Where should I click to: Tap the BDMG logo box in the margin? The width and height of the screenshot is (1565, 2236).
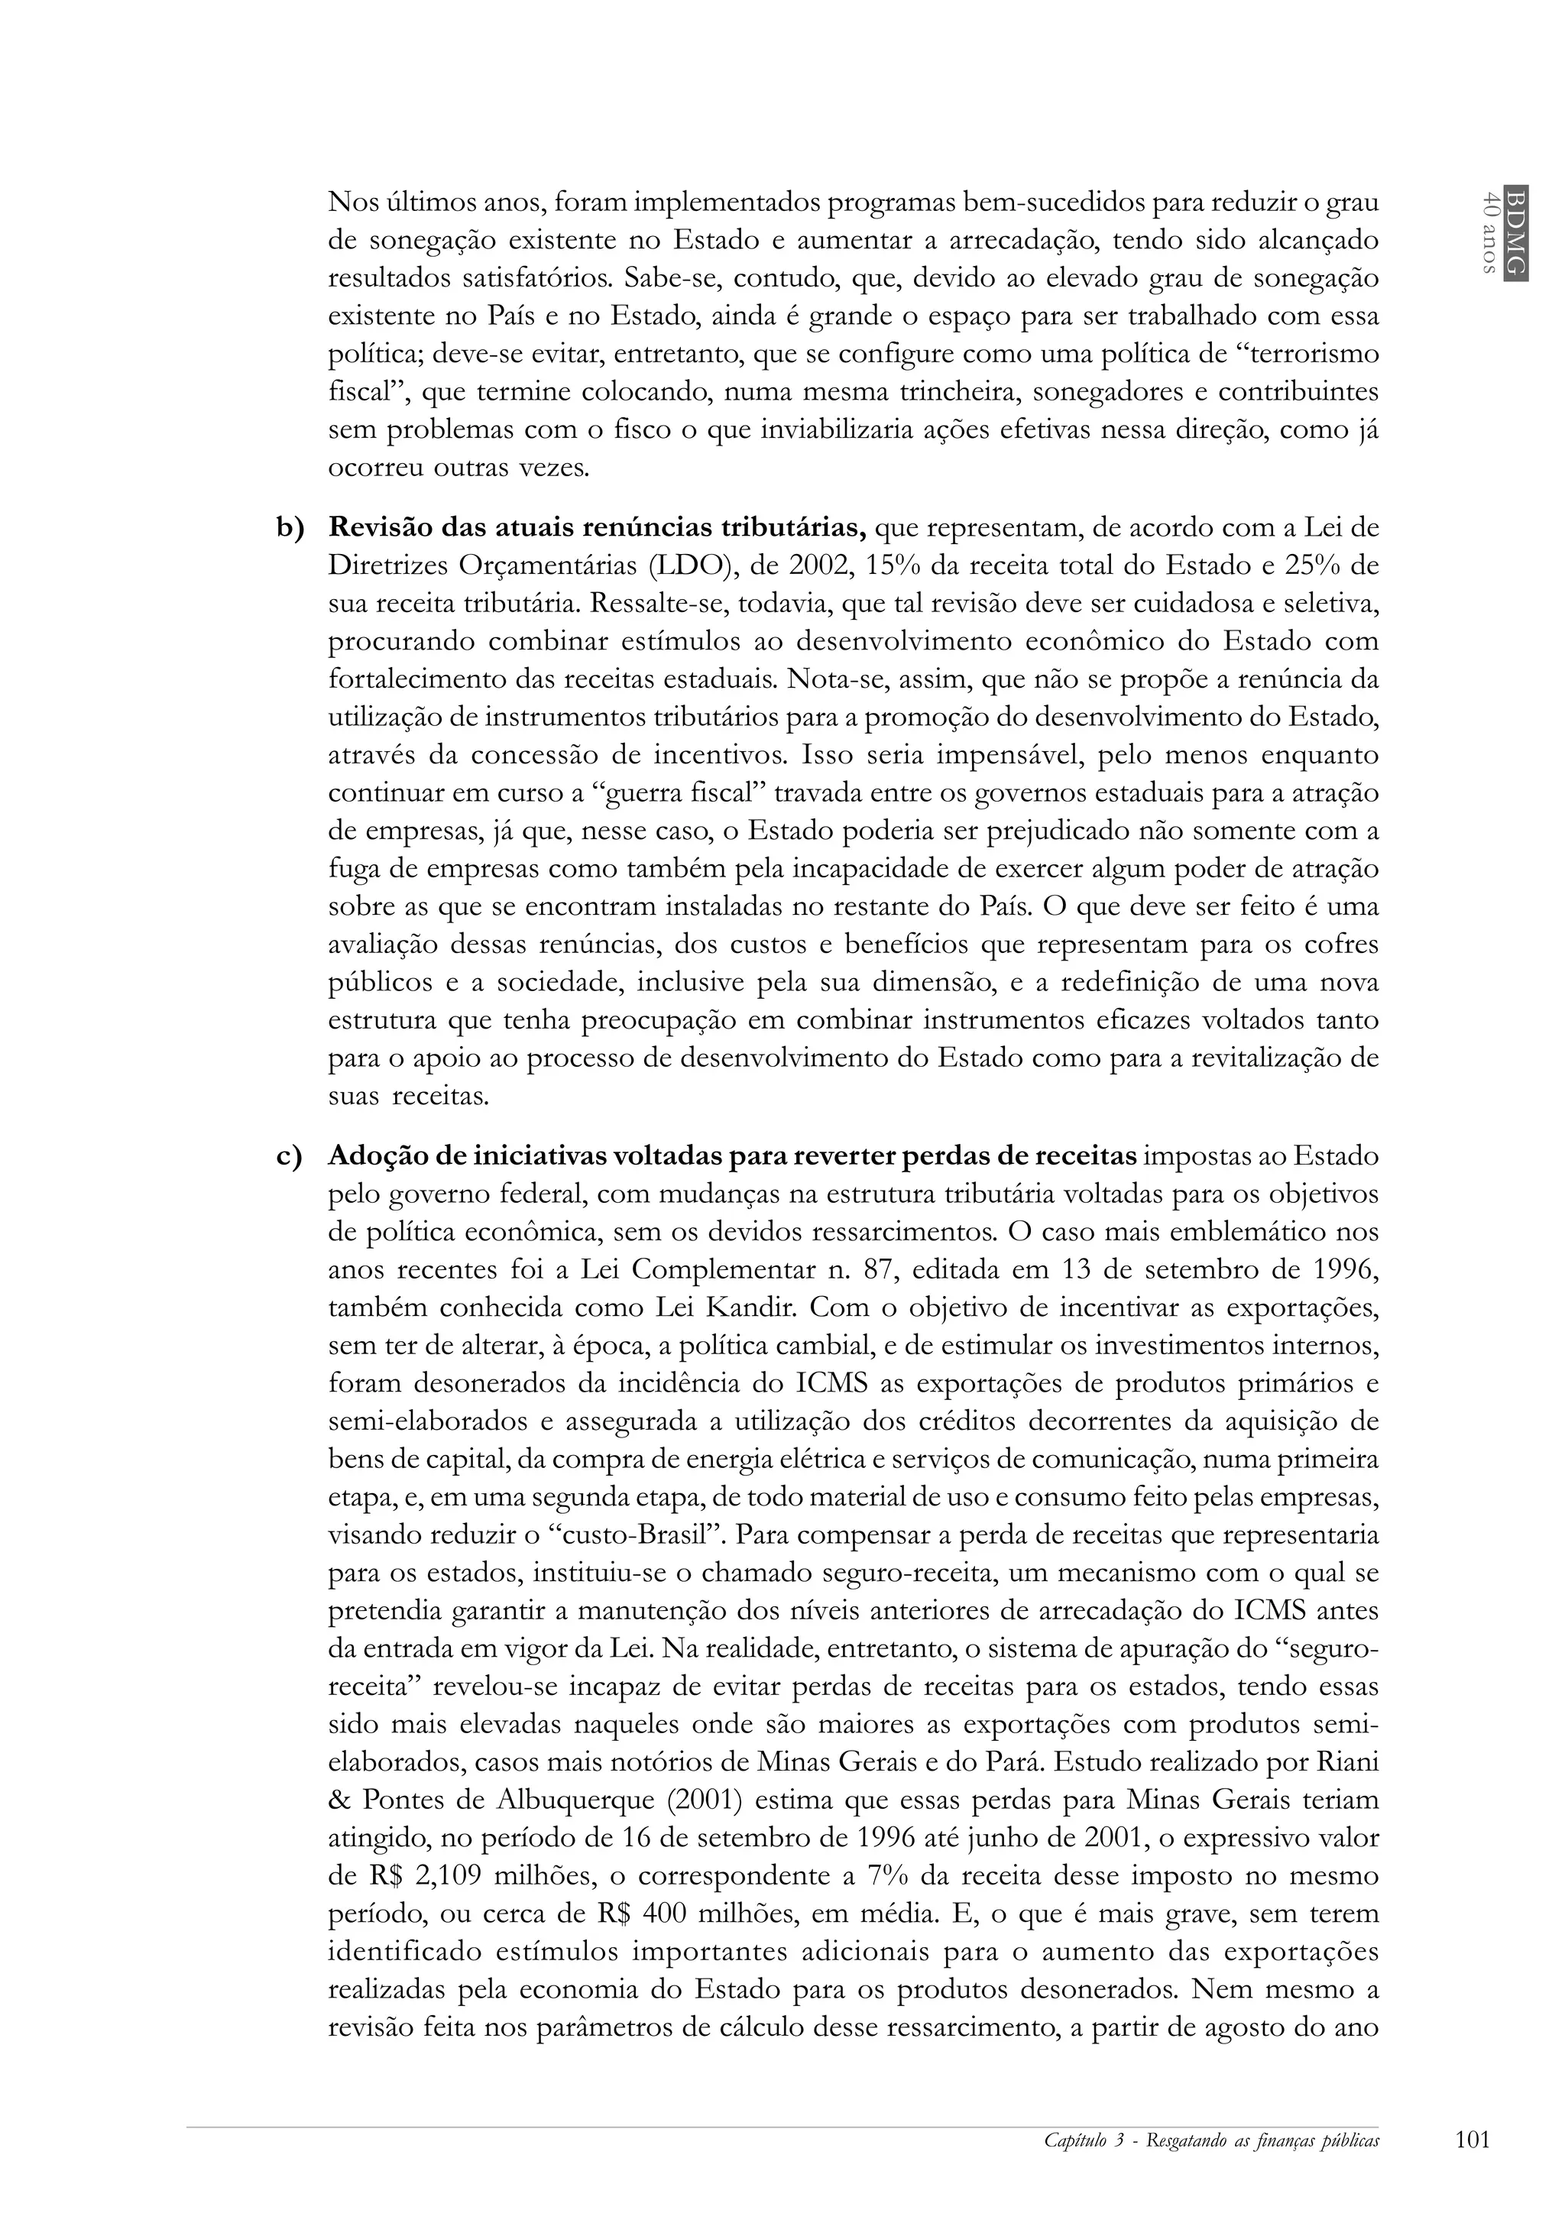[1515, 232]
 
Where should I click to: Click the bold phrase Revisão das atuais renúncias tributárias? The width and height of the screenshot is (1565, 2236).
[597, 529]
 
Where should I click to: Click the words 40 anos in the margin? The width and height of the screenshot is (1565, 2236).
[1487, 232]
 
